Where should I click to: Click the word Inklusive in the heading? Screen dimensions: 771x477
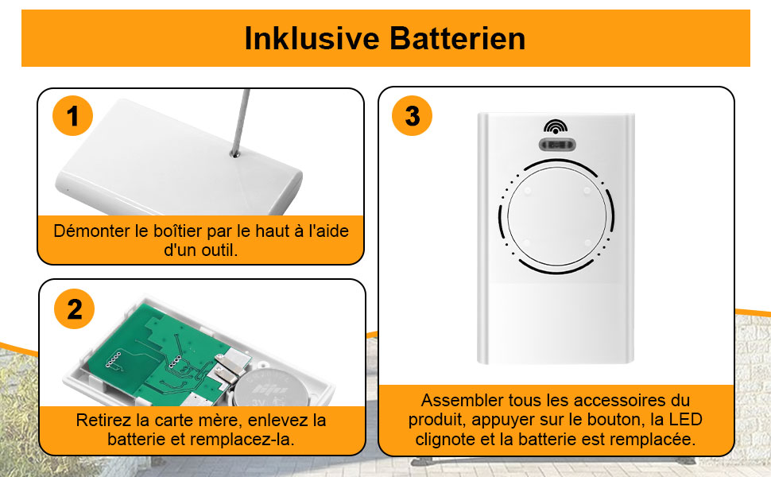[x=312, y=38]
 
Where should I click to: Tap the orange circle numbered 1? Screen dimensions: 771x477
[x=73, y=115]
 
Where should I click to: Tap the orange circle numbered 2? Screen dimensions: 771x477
[x=74, y=308]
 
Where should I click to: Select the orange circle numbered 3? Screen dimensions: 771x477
[x=412, y=115]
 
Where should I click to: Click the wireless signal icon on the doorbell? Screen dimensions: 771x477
[x=556, y=127]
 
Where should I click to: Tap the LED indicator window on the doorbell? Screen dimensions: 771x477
[x=556, y=145]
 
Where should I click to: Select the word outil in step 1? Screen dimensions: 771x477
[x=221, y=250]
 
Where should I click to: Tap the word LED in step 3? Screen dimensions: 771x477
[x=685, y=420]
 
